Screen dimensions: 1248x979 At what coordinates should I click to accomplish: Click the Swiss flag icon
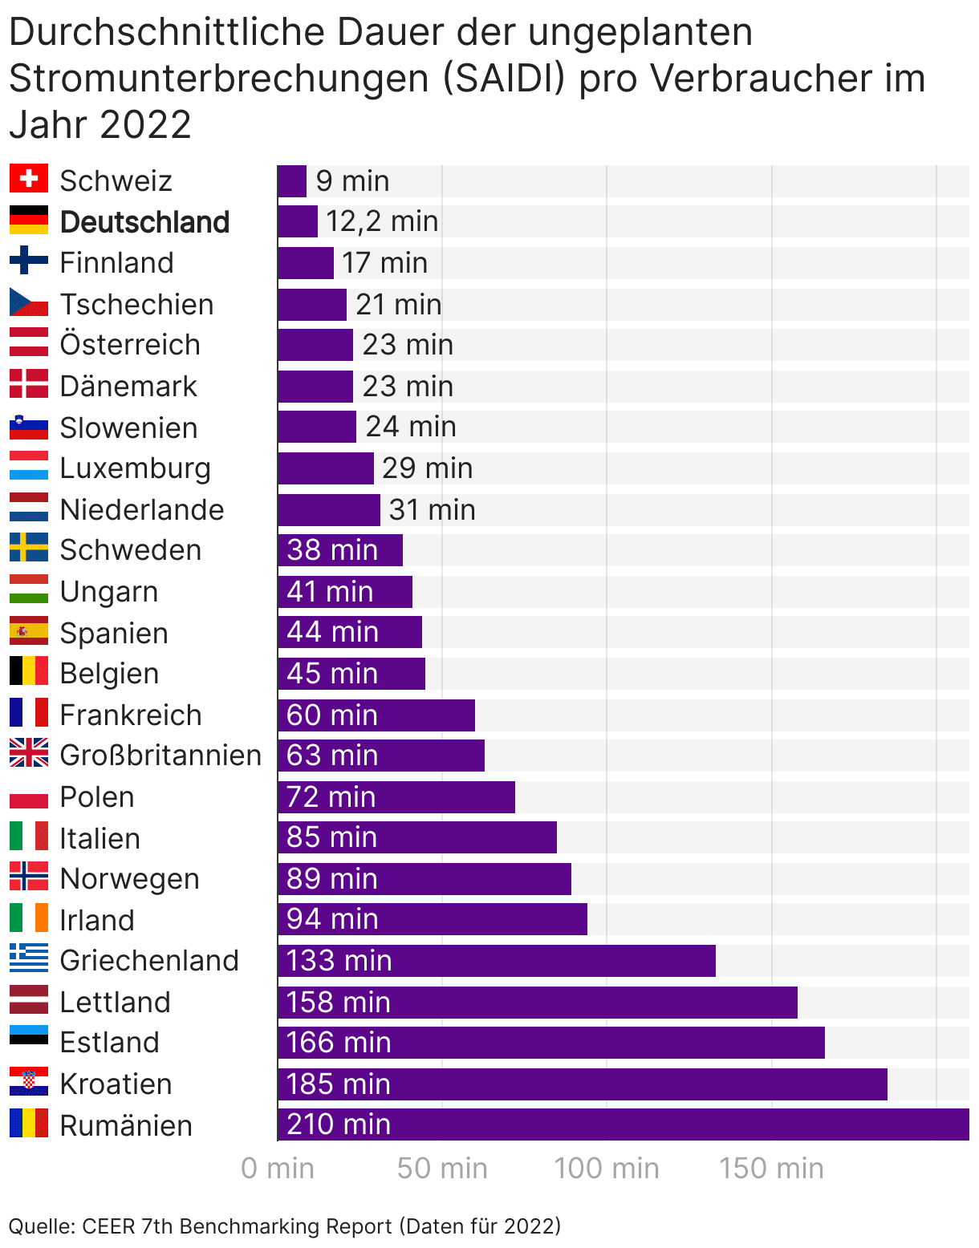[x=29, y=179]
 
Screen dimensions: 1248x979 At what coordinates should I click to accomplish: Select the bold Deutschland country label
[x=144, y=222]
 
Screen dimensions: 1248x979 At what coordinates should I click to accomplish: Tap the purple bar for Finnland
[x=306, y=263]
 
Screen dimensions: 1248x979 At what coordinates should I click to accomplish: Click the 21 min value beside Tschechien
[x=398, y=305]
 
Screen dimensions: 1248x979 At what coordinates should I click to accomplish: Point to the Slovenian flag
[x=29, y=427]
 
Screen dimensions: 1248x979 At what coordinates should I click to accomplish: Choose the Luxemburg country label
[x=135, y=468]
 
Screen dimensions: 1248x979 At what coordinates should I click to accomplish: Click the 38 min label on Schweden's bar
[x=332, y=550]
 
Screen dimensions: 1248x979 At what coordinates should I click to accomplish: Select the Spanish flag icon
[x=29, y=631]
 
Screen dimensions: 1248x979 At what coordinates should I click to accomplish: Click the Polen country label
[x=97, y=797]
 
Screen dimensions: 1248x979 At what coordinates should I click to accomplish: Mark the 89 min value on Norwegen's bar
[x=332, y=879]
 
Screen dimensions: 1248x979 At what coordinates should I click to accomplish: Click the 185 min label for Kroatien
[x=339, y=1084]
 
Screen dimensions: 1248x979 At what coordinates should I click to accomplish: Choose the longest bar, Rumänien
[x=623, y=1124]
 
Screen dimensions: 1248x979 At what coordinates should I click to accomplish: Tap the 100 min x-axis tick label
[x=607, y=1169]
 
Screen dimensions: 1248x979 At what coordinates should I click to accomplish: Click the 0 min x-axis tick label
[x=278, y=1169]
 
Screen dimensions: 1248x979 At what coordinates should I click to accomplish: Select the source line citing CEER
[x=285, y=1226]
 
